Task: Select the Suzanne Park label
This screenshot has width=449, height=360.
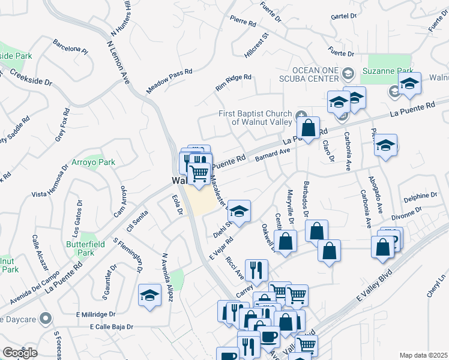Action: point(386,71)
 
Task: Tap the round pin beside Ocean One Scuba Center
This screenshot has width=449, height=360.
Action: point(347,74)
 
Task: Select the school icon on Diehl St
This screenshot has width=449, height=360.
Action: point(239,211)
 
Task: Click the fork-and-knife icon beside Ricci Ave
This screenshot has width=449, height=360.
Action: point(256,271)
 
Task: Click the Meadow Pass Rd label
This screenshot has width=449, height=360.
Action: point(169,80)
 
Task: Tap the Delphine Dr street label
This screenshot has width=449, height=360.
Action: point(420,196)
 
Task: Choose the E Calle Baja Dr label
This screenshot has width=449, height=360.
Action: point(112,328)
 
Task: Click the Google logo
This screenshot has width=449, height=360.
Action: point(20,352)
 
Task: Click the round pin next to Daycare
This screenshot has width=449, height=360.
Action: point(45,319)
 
